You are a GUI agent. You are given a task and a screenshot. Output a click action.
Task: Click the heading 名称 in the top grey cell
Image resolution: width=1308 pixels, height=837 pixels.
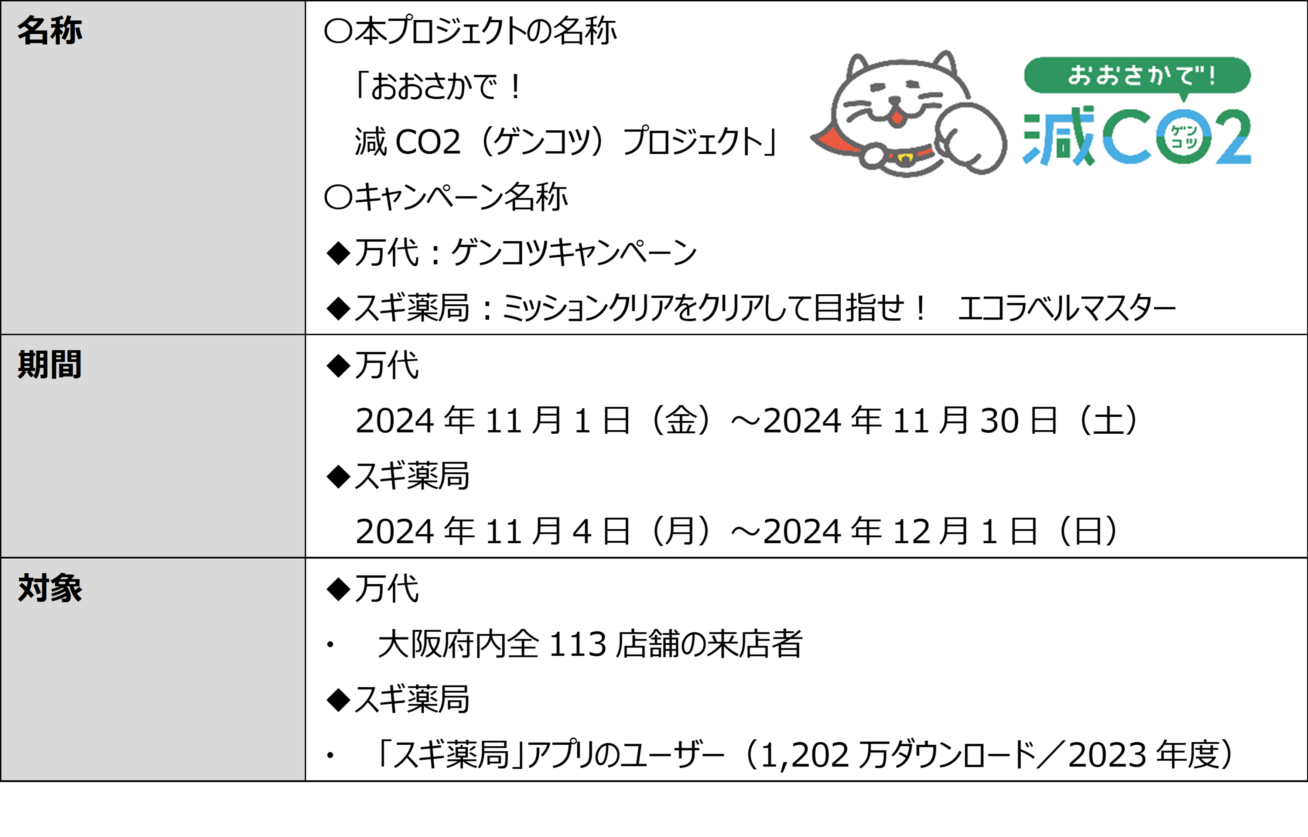(x=49, y=30)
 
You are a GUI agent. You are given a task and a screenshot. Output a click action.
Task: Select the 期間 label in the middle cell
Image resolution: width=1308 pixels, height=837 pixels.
(x=49, y=364)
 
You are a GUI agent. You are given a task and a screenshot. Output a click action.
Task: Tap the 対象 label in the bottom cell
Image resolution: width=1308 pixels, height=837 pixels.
(x=49, y=588)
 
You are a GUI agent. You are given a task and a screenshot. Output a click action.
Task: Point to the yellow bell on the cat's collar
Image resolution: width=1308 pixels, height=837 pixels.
(x=905, y=159)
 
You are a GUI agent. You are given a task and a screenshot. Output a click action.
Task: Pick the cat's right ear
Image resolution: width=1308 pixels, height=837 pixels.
(x=946, y=62)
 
